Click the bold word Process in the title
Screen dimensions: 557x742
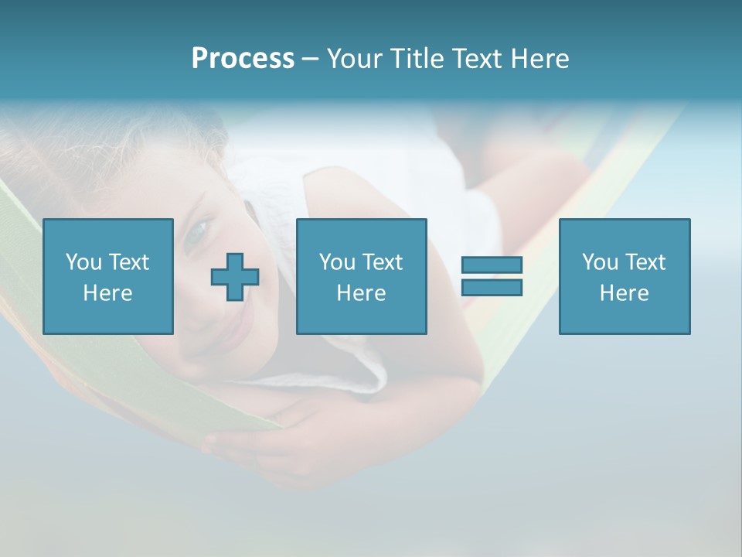coord(243,59)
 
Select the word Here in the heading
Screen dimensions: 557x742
coord(539,59)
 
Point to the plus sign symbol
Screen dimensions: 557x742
coord(235,277)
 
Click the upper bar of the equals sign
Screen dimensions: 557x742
coord(492,265)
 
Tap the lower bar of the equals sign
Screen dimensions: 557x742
coord(492,287)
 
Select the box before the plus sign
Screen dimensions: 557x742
coord(107,276)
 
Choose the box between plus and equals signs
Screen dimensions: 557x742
coord(361,276)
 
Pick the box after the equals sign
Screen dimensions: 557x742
coord(624,276)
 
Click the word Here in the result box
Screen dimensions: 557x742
coord(624,293)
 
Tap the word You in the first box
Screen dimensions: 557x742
coord(83,262)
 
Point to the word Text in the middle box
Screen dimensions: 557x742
coord(382,262)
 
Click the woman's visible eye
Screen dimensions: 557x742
coord(199,229)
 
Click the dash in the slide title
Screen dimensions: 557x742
coord(310,59)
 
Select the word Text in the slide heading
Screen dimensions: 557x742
coord(478,59)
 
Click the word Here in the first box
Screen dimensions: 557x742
coord(107,293)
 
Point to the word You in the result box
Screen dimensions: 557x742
coord(600,262)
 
